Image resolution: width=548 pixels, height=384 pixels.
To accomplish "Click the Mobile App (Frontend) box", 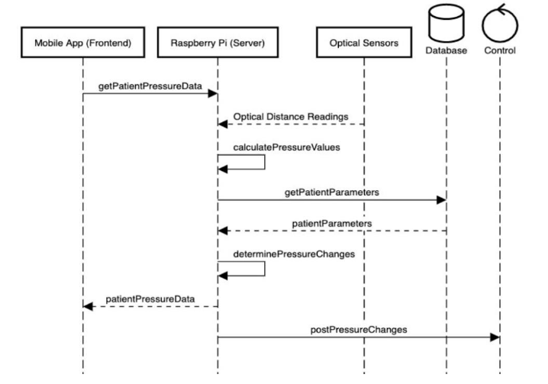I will coord(82,44).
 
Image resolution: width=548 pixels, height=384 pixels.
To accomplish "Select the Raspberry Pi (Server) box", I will coord(218,44).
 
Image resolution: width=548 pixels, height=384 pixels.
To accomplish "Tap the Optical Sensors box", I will coord(363,44).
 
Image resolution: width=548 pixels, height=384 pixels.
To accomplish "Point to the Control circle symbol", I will coord(500,23).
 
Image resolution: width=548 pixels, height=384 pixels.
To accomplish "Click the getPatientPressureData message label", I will coord(150,86).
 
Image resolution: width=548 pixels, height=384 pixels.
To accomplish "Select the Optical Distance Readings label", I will coord(292,115).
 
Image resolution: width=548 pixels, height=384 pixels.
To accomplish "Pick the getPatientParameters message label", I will coord(332,192).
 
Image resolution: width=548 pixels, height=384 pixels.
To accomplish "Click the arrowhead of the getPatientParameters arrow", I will coord(440,201).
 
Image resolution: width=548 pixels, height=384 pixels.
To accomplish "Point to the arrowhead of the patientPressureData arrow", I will coord(88,306).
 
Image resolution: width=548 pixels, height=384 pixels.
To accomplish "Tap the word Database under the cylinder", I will coord(446,51).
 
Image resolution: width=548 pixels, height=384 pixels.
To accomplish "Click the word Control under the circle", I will coord(500,51).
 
